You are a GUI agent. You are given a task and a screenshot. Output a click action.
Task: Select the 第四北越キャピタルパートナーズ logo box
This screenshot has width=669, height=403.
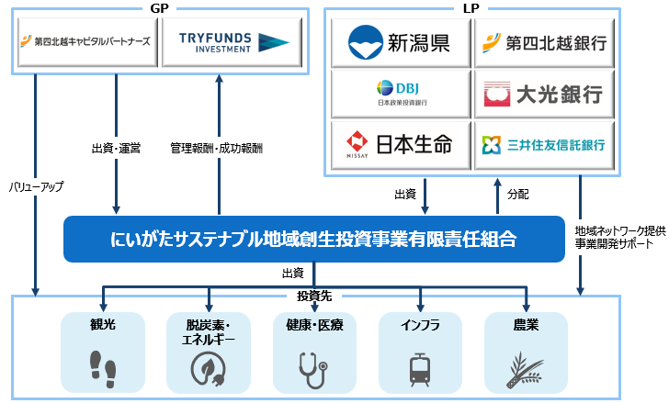coord(87,41)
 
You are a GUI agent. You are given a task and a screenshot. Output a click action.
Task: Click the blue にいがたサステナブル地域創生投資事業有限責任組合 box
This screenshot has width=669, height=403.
coord(313,239)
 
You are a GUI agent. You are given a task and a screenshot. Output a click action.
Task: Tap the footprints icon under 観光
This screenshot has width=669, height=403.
coord(102,367)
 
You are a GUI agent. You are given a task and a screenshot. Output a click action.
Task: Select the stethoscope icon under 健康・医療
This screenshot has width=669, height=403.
coord(313,368)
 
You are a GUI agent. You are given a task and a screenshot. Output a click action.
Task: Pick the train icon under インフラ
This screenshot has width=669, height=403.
coord(420,368)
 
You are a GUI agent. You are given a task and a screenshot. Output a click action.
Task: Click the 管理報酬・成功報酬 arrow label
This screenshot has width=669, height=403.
coord(216,147)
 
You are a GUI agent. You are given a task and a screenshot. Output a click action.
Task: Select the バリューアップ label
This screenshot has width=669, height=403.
coord(37,186)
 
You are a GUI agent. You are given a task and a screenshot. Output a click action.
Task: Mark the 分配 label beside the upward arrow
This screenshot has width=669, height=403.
coord(517,195)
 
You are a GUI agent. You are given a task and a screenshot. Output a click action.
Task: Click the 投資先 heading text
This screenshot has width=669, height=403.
coord(313,297)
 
